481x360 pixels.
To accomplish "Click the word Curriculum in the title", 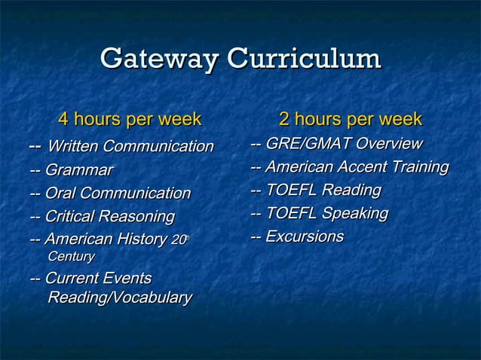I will click(304, 59).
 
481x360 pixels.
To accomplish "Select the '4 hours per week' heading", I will click(130, 119).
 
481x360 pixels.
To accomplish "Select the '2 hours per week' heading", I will click(350, 119).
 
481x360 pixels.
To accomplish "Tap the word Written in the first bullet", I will click(73, 146).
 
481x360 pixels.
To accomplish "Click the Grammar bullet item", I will click(71, 170).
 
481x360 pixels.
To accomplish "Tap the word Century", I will click(71, 258).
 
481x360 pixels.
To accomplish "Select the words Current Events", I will click(98, 279).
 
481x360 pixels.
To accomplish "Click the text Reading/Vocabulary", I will click(119, 298).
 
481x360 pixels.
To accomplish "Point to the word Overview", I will click(389, 144).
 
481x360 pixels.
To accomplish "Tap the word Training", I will click(422, 166).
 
